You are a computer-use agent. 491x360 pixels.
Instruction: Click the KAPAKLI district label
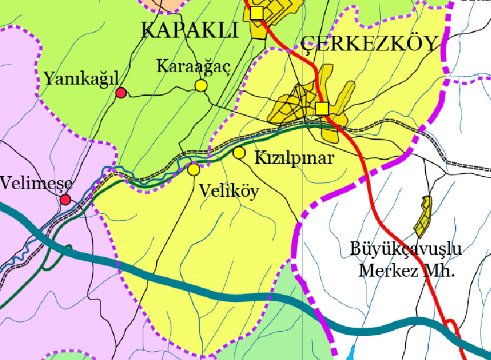[x=190, y=30]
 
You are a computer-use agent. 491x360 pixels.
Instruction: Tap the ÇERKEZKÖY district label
[x=370, y=43]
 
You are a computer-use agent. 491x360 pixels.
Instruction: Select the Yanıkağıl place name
[x=81, y=78]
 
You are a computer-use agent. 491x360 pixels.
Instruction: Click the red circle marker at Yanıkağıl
[x=121, y=92]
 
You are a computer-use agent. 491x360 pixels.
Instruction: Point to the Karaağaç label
[x=193, y=66]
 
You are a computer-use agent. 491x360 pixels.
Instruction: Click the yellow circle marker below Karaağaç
[x=201, y=86]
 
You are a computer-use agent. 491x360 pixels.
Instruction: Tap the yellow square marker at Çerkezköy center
[x=321, y=108]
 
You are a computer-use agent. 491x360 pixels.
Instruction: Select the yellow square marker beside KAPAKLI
[x=257, y=12]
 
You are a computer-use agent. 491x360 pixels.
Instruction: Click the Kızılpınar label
[x=294, y=158]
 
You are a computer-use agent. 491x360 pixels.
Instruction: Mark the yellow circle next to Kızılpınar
[x=239, y=153]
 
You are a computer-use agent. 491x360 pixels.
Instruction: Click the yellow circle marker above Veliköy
[x=193, y=170]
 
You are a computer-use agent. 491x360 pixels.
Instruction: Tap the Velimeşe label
[x=36, y=183]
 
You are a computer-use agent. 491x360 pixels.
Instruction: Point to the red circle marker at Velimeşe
[x=65, y=200]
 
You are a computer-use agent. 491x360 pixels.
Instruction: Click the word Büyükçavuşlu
[x=405, y=249]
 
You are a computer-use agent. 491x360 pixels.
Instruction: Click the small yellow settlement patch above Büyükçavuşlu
[x=424, y=215]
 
